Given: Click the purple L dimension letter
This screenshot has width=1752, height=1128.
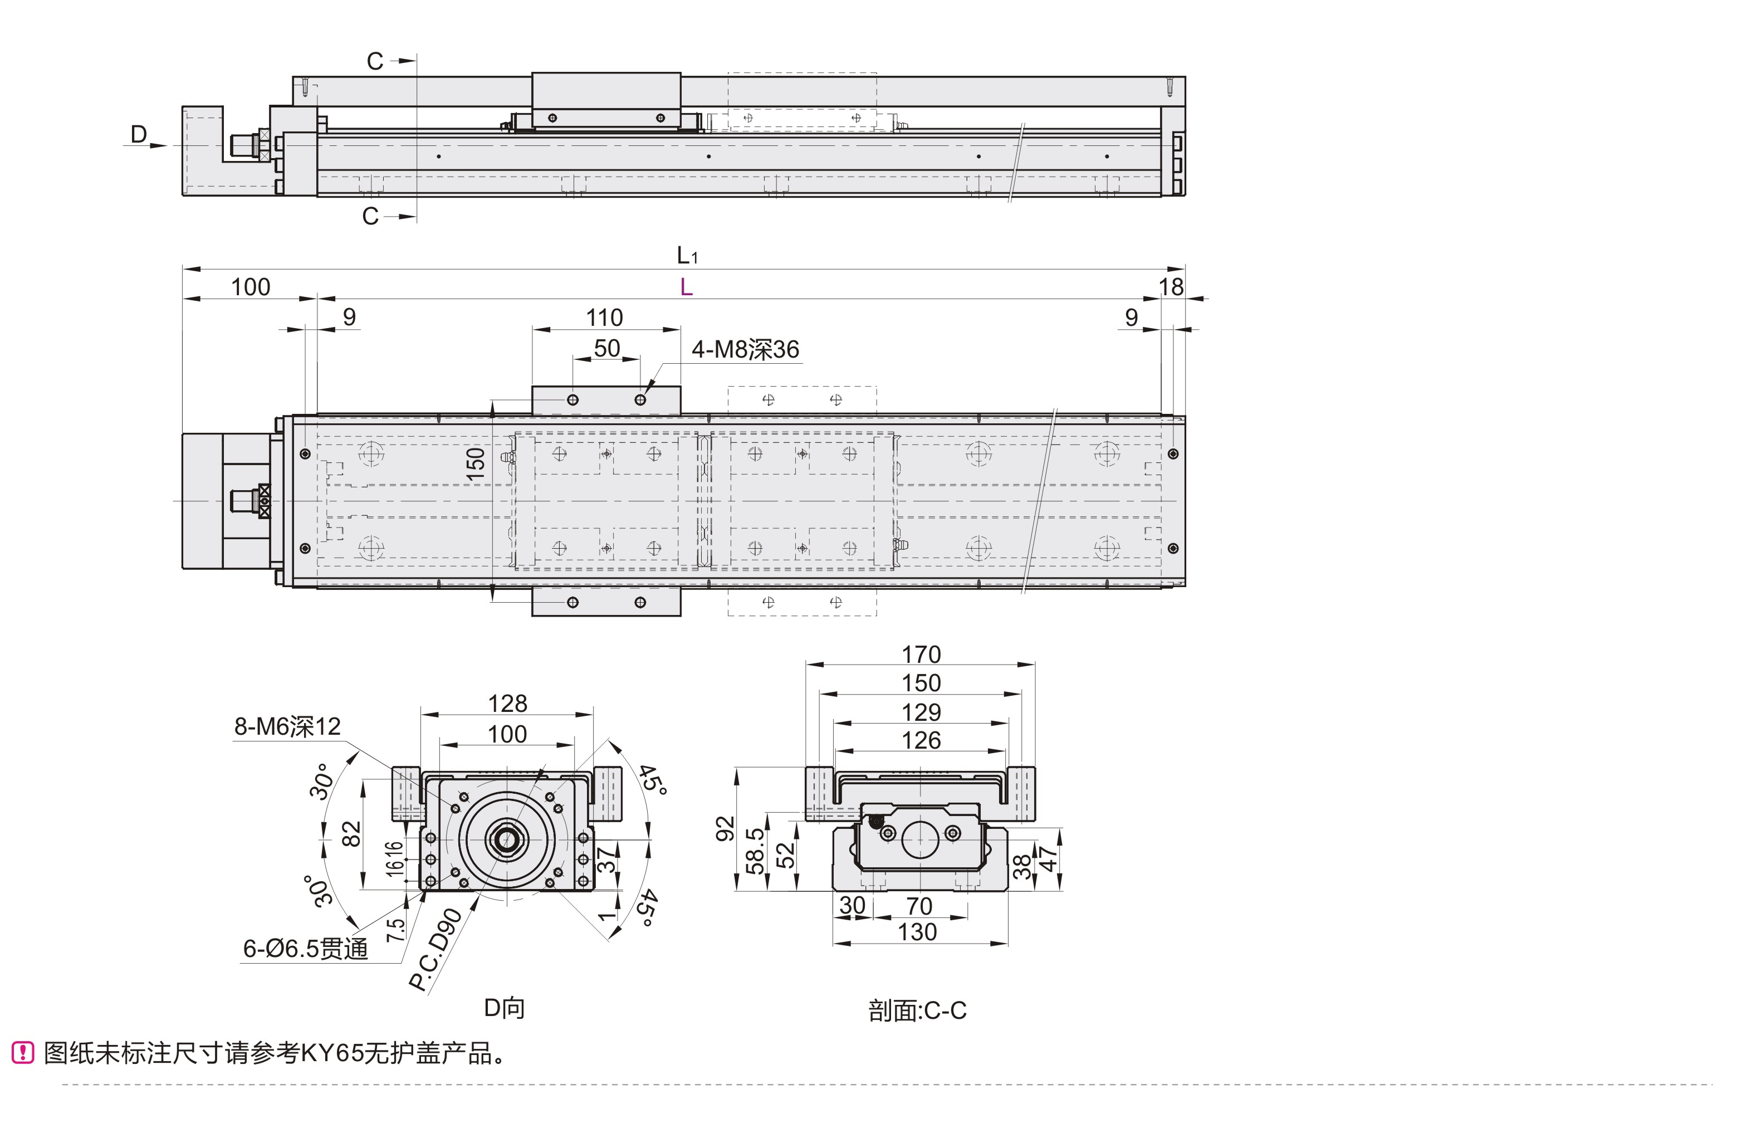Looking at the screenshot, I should (x=686, y=287).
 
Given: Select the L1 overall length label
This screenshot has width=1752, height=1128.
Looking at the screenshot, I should (x=687, y=256).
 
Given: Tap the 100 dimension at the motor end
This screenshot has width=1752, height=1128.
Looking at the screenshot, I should (x=251, y=287).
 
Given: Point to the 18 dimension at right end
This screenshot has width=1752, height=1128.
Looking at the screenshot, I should (x=1171, y=287).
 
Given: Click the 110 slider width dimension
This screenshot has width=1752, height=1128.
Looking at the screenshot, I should (x=604, y=318).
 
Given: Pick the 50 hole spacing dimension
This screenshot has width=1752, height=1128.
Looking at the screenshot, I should (x=607, y=349).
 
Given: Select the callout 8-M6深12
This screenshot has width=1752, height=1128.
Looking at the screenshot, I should (x=287, y=726).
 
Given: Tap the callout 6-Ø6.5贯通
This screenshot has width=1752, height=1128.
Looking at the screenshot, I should (x=305, y=949).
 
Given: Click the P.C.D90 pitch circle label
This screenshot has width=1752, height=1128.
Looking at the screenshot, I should (x=435, y=950).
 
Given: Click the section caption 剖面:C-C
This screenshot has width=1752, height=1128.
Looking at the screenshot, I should (x=917, y=1012).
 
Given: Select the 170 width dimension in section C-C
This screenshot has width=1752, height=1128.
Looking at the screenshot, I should (x=921, y=654).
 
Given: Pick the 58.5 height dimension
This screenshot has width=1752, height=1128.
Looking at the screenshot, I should (x=755, y=852).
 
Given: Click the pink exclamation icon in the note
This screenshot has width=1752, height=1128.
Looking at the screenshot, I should (x=23, y=1053).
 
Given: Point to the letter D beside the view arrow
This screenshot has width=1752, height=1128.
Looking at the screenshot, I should (x=138, y=134).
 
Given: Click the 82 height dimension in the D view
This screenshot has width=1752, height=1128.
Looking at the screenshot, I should (x=351, y=833).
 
